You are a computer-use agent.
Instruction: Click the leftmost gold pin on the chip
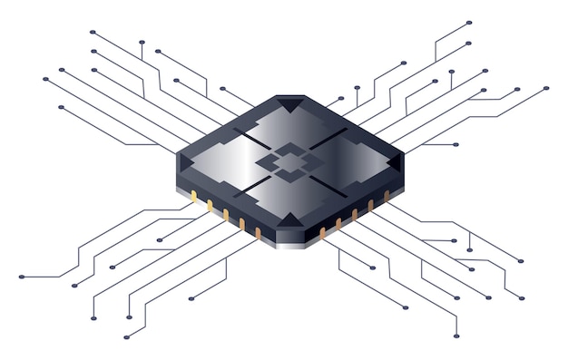(193, 197)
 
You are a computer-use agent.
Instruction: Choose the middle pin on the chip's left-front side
(226, 215)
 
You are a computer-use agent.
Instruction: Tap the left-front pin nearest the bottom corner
(258, 233)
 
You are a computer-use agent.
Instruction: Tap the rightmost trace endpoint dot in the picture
(546, 88)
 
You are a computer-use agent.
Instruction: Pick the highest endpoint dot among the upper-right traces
(469, 23)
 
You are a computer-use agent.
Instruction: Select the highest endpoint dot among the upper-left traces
(93, 32)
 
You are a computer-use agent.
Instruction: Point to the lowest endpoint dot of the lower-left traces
(126, 336)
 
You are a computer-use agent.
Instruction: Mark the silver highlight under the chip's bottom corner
(289, 244)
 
